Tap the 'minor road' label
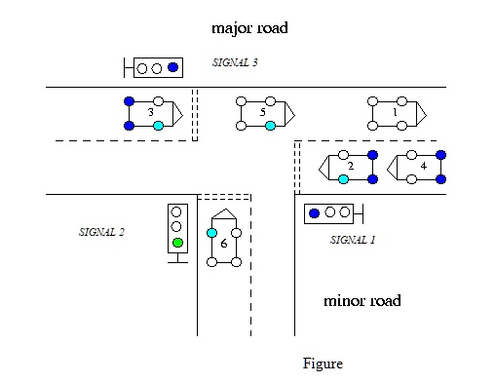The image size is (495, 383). [x=362, y=300]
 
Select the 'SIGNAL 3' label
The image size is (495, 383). [x=235, y=62]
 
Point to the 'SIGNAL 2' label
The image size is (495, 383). [x=102, y=232]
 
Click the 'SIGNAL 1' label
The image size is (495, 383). [x=353, y=239]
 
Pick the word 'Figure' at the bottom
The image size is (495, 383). [x=323, y=364]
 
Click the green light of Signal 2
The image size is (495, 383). [x=177, y=243]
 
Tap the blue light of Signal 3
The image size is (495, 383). [x=172, y=67]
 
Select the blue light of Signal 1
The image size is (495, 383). [x=314, y=212]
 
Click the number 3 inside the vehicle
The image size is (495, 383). [x=150, y=113]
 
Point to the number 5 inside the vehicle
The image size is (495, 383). [x=262, y=113]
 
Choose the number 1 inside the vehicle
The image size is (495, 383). [x=394, y=113]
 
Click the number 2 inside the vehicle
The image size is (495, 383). [x=351, y=167]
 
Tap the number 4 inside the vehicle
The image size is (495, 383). [x=422, y=167]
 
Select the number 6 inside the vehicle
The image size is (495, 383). [x=224, y=244]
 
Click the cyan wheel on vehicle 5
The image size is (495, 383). [x=270, y=126]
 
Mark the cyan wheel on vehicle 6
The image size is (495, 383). [x=211, y=233]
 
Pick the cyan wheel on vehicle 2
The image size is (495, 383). [x=343, y=179]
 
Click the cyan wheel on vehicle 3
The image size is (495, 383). [x=158, y=126]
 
